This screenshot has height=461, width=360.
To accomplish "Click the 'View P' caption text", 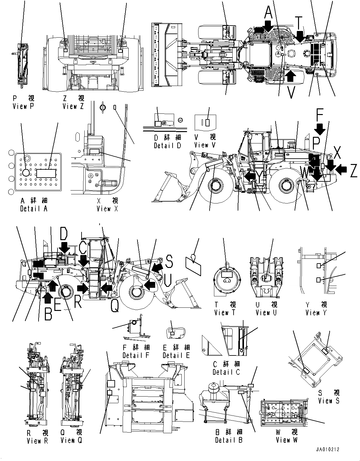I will click(x=23, y=106).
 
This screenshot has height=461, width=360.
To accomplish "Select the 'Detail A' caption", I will click(x=34, y=209).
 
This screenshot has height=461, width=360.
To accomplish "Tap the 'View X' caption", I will click(x=107, y=209).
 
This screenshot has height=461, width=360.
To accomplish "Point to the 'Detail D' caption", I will click(x=168, y=146).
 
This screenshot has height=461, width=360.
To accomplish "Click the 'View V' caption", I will click(x=205, y=145).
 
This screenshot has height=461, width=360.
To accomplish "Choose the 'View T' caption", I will click(x=225, y=312).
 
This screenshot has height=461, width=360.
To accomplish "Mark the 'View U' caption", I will click(x=266, y=312).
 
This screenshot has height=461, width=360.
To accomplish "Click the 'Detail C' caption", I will click(x=226, y=372).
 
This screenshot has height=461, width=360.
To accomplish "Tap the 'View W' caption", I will click(x=287, y=440).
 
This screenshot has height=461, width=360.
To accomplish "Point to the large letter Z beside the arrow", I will click(x=353, y=171).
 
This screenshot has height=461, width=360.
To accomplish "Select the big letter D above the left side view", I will click(x=64, y=234).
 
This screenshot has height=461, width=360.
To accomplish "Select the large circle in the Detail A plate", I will click(x=25, y=172).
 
